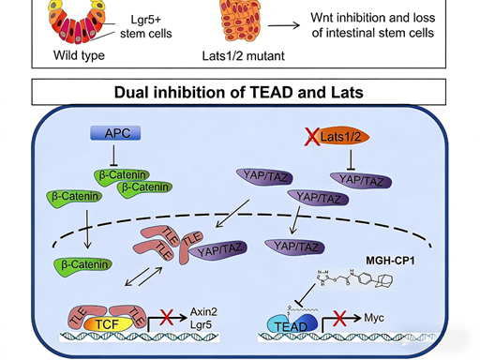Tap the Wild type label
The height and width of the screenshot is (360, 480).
click(79, 54)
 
